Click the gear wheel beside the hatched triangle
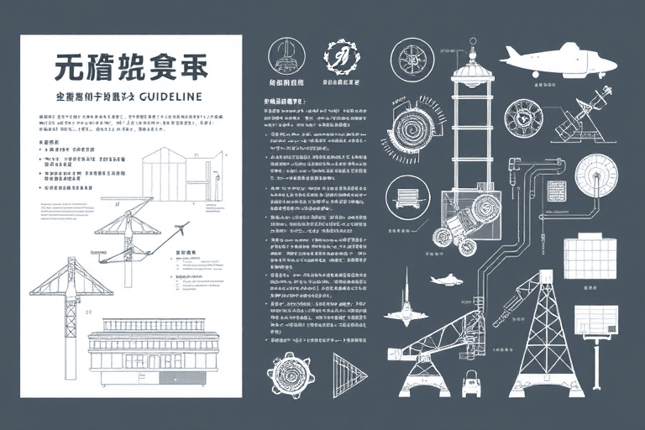point(291,375)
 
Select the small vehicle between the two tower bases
point(471,385)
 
